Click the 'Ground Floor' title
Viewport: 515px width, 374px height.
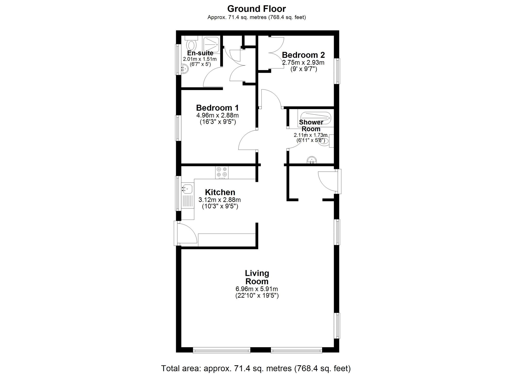(256, 9)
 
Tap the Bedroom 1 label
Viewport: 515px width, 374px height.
(217, 108)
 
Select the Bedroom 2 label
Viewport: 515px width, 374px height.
(303, 55)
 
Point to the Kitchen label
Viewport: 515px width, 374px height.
(220, 192)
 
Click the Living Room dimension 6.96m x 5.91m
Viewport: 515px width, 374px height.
(257, 289)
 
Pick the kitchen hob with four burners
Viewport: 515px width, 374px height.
(222, 173)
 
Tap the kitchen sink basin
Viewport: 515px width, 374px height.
(187, 189)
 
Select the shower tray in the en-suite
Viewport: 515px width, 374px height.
(211, 44)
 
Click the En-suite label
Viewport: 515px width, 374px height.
(200, 53)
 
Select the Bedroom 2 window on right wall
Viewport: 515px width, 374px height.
(337, 71)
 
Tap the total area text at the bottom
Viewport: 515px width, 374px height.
(256, 368)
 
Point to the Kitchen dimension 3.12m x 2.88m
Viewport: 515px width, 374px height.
(220, 200)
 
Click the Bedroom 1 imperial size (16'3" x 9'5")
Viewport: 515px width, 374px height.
(218, 122)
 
